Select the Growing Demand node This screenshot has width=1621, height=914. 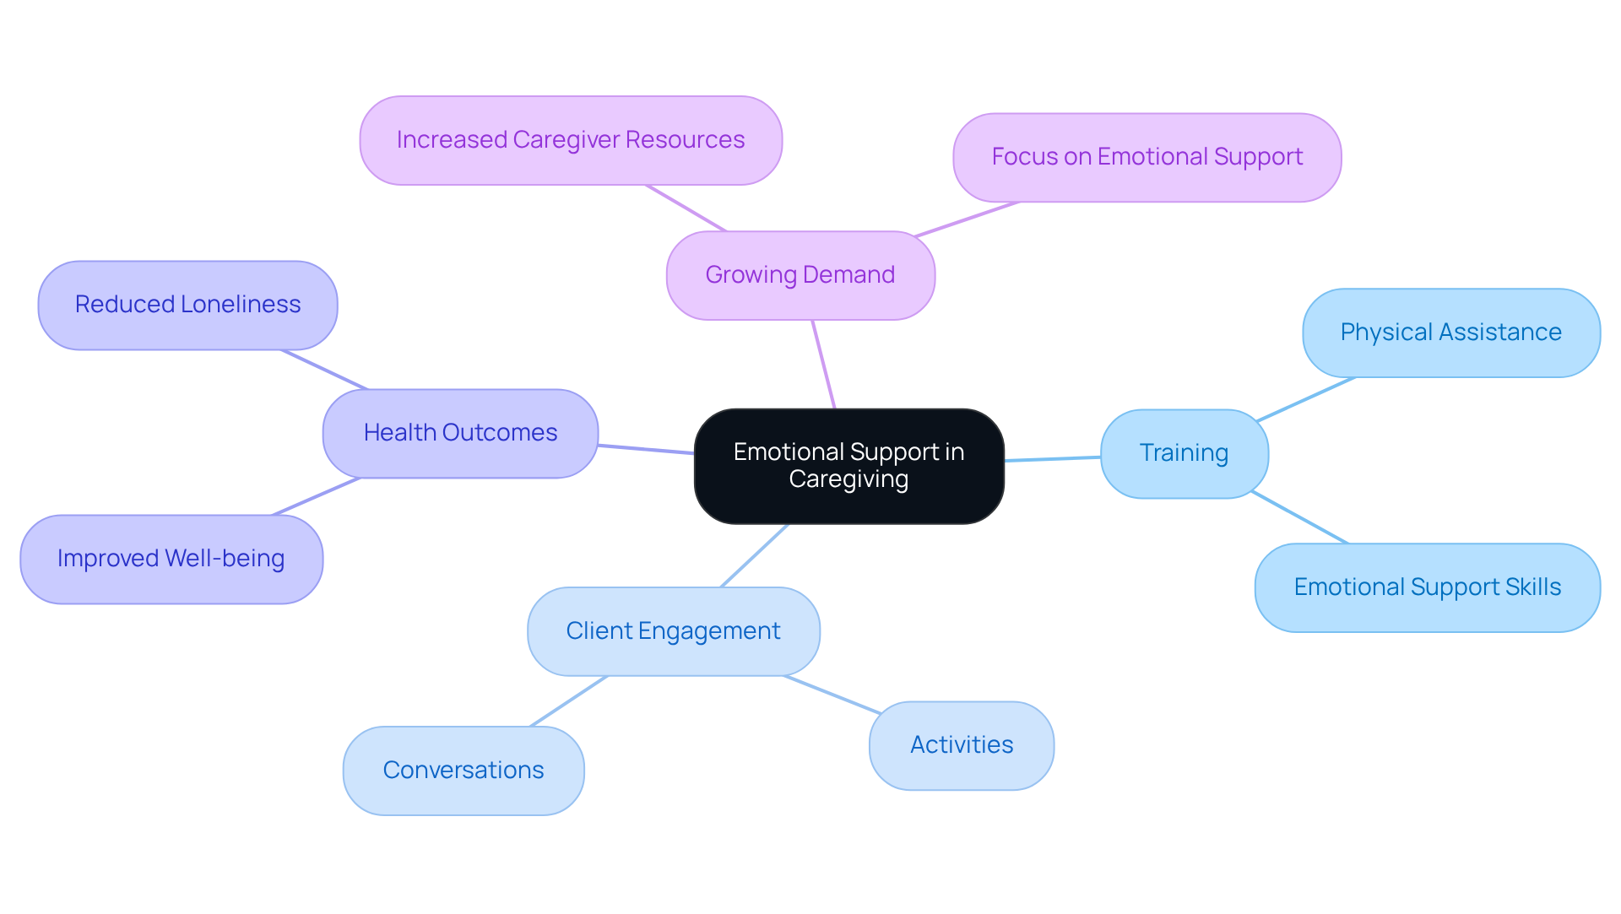[800, 275]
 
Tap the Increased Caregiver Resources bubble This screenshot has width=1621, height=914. [571, 140]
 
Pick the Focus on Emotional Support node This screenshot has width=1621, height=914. [1147, 157]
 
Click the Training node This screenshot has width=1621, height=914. [1184, 453]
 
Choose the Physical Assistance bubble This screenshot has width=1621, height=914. [1450, 333]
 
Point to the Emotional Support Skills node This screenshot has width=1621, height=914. [1427, 587]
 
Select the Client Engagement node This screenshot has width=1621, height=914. [673, 631]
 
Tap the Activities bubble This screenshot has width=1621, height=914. [961, 745]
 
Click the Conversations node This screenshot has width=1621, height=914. [463, 771]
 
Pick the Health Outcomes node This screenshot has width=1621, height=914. [460, 433]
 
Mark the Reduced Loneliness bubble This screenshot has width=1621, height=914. [187, 305]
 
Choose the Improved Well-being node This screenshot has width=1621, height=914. [171, 559]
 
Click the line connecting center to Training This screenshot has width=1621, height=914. [1053, 458]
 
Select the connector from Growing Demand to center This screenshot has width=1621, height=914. [823, 364]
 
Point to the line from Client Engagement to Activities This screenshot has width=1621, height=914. [832, 695]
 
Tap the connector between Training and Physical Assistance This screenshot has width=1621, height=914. [1305, 399]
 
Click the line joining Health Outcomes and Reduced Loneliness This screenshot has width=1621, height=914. [324, 370]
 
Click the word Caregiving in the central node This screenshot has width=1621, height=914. [848, 479]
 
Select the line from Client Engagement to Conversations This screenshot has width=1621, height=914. [568, 701]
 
